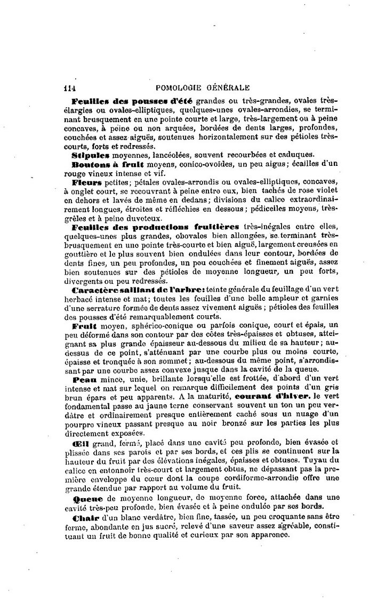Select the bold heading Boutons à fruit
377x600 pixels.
[102, 164]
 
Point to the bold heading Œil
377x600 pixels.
[79, 443]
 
